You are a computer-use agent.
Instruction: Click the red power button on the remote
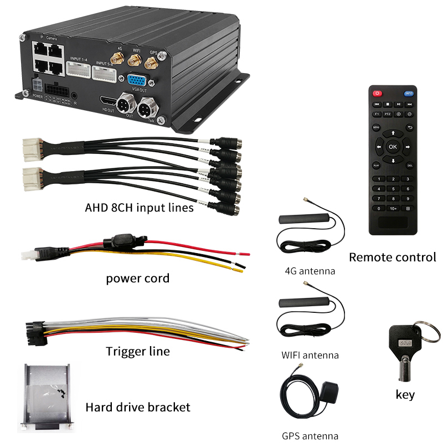point(378,93)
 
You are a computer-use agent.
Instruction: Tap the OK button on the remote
point(393,147)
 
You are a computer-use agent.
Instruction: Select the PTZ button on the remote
point(388,114)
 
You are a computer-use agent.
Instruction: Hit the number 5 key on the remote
point(393,189)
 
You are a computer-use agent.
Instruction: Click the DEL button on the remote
point(410,165)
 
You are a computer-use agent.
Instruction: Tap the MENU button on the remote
point(376,127)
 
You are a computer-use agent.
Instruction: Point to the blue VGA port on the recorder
point(136,79)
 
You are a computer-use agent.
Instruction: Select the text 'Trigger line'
point(138,351)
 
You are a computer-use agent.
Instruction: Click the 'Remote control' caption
point(393,257)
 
